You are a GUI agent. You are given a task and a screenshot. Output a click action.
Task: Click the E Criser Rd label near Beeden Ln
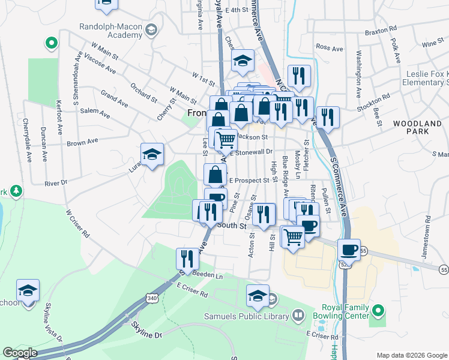pyautogui.click(x=192, y=293)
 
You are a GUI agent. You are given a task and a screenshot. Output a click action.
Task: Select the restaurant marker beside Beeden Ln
pyautogui.click(x=187, y=259)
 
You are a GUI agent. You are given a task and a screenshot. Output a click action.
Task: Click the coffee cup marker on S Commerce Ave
pyautogui.click(x=348, y=249)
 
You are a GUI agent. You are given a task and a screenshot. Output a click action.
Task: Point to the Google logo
pyautogui.click(x=20, y=353)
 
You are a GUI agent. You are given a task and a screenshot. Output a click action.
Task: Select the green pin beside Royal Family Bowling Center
pyautogui.click(x=378, y=311)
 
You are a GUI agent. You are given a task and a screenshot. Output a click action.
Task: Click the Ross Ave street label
pyautogui.click(x=329, y=47)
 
